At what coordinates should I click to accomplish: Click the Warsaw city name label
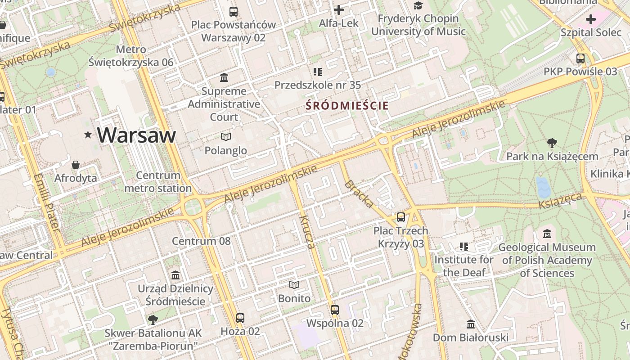point(136,135)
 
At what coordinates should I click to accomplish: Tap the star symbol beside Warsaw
point(88,135)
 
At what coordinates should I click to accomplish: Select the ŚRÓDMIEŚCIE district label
point(347,106)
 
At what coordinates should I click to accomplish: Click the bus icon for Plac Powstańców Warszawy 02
point(233,12)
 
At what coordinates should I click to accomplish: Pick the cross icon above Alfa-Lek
point(339,9)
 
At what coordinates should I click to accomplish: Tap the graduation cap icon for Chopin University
point(418,5)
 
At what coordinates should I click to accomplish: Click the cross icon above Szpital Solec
point(590,19)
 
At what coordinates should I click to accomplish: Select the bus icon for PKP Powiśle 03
point(580,58)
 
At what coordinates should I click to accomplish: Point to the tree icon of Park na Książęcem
point(552,143)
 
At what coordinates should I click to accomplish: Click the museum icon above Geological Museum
point(547,234)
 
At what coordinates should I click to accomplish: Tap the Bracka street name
point(359,194)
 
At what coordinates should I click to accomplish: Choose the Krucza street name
point(306,232)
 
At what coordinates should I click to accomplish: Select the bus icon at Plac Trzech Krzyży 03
point(401,217)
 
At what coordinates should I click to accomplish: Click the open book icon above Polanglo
point(226,137)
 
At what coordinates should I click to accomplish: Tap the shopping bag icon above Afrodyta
point(76,165)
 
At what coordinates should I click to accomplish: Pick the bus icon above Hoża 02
point(240,318)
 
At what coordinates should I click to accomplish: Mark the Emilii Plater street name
point(46,202)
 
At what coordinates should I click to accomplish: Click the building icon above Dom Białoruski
point(471,324)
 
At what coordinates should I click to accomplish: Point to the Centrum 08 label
point(201,241)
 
